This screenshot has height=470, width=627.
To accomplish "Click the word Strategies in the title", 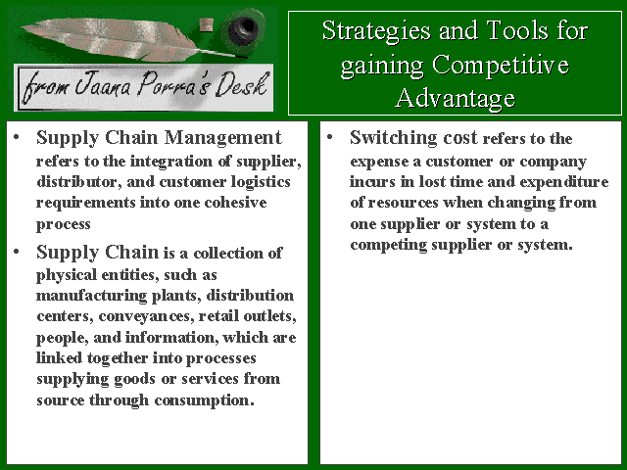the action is [376, 31].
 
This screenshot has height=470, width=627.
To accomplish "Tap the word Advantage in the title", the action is [456, 98].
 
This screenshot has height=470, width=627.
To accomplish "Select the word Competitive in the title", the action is [501, 66].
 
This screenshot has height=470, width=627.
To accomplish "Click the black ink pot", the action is [243, 28].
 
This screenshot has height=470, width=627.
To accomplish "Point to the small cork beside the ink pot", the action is [207, 24].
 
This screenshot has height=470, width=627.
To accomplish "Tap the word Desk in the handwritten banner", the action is [241, 85].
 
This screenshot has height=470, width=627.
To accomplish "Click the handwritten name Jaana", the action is [103, 85].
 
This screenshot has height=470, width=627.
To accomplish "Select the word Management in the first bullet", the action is [223, 138].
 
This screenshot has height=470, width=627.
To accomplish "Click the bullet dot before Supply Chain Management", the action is [16, 137].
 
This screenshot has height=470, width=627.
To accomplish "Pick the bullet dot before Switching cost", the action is [329, 137].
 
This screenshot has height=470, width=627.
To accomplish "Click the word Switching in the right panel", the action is [394, 138].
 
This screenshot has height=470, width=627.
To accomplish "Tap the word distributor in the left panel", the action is [79, 182].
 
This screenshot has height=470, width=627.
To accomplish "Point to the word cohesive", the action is [235, 203].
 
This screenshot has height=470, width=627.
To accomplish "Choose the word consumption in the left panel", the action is [205, 400].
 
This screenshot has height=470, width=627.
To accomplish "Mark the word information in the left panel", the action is [172, 338].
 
